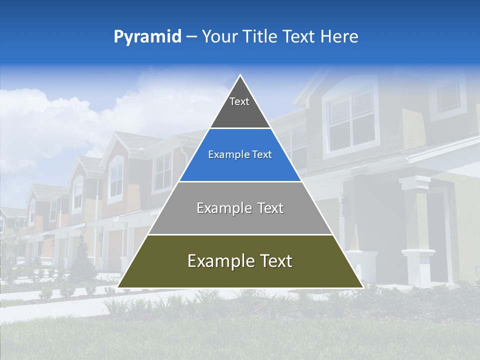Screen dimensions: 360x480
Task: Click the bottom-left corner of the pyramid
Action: pos(118,287)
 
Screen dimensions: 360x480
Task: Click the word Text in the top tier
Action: pos(239,101)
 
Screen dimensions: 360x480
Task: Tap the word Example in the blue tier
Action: pos(224,155)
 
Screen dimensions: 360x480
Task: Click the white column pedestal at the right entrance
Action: pos(418,267)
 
